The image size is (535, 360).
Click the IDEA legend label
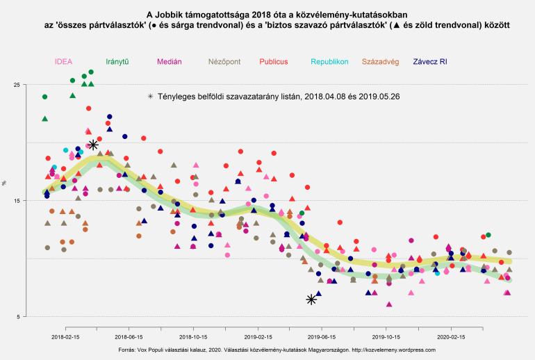[63, 62]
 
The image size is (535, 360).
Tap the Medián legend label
[170, 62]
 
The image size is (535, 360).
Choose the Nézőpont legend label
[224, 62]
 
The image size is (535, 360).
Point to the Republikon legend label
[330, 62]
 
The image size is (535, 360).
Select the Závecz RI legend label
[430, 62]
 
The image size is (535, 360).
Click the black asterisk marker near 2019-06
[311, 300]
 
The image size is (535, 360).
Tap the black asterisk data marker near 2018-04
[93, 145]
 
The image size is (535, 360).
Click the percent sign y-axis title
[5, 183]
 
